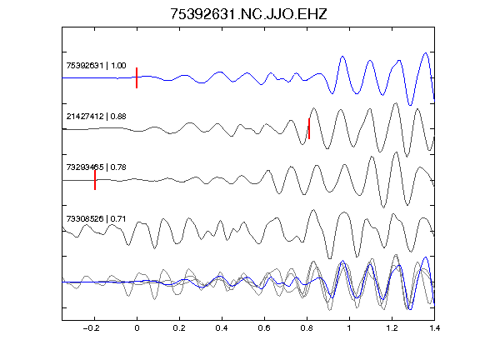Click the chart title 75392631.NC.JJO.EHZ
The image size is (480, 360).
click(248, 14)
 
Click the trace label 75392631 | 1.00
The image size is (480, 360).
click(96, 66)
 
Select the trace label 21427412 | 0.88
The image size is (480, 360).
click(96, 117)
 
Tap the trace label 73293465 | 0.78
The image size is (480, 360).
click(96, 167)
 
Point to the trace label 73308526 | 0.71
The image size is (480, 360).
click(96, 219)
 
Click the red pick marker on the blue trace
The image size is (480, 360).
click(137, 77)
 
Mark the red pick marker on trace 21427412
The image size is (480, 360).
click(309, 128)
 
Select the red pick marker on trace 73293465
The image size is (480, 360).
click(95, 180)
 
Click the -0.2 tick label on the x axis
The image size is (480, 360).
click(92, 328)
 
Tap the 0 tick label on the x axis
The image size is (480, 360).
click(137, 328)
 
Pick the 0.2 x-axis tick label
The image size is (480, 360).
click(179, 328)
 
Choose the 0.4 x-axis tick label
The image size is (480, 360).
click(222, 328)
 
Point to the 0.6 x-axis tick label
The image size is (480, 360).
click(264, 328)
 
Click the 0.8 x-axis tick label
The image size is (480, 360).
click(307, 328)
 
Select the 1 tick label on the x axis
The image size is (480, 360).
click(349, 328)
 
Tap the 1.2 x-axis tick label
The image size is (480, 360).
click(392, 328)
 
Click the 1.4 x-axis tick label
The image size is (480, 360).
click(434, 328)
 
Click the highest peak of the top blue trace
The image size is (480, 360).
click(426, 53)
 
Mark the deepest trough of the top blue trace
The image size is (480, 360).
click(410, 105)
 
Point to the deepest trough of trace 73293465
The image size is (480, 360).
click(384, 207)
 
